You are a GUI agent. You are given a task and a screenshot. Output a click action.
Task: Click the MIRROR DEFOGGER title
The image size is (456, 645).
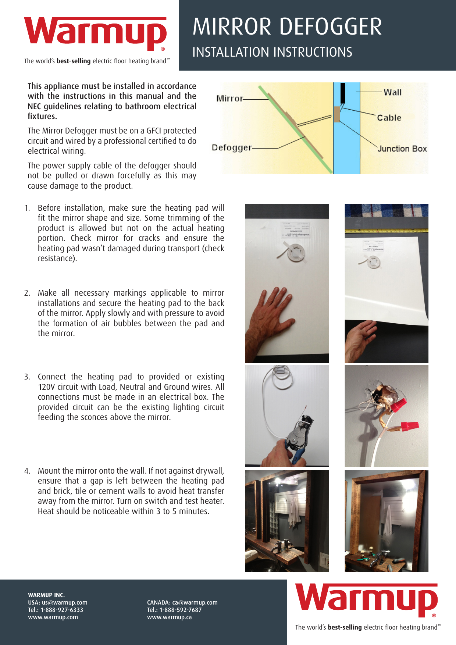click(x=287, y=26)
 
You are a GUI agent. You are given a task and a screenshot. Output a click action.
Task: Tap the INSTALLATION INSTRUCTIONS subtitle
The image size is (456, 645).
click(x=272, y=52)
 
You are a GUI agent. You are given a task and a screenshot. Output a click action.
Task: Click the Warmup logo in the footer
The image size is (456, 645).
click(x=366, y=599)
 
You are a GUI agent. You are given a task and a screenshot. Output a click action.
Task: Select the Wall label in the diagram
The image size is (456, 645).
click(x=392, y=92)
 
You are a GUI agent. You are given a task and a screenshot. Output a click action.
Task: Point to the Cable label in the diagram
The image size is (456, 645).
click(x=389, y=118)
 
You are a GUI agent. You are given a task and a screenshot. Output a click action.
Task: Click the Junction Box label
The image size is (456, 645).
click(x=402, y=149)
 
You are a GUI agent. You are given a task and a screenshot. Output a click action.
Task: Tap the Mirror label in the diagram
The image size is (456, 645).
click(x=229, y=99)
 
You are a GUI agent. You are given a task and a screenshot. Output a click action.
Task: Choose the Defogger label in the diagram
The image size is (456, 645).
click(x=232, y=147)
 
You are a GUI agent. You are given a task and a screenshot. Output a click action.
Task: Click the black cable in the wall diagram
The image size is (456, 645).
click(x=343, y=93)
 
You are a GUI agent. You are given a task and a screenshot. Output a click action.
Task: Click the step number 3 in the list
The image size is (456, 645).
click(x=27, y=377)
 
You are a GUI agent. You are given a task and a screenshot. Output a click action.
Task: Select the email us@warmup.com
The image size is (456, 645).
click(x=64, y=602)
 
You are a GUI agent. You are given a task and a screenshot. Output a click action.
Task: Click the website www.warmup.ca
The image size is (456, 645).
click(x=169, y=617)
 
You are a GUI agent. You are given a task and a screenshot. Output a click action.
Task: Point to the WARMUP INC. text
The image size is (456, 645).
click(x=46, y=595)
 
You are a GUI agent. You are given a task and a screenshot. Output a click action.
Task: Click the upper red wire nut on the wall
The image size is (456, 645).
click(x=398, y=406)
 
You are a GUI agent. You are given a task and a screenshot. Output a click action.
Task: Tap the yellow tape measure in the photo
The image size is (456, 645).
click(x=386, y=231)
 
